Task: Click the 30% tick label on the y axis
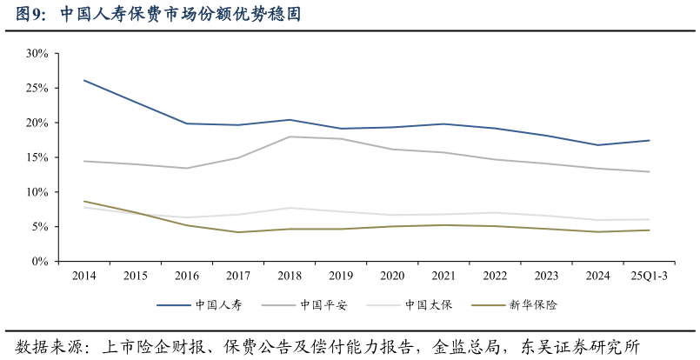click(37, 54)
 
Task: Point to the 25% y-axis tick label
click(37, 89)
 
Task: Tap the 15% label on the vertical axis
click(37, 157)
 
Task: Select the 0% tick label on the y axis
click(40, 262)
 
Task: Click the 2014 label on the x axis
click(84, 276)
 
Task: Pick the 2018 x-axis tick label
click(290, 276)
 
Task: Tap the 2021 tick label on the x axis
click(443, 276)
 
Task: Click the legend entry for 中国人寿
click(199, 305)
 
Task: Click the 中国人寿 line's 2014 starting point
click(84, 80)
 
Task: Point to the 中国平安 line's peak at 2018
click(290, 137)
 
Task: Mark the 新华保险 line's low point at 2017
click(238, 232)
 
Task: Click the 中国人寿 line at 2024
click(597, 145)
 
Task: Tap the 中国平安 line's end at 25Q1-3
click(649, 171)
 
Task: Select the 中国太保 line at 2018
click(290, 208)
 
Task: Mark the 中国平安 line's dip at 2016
click(187, 168)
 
